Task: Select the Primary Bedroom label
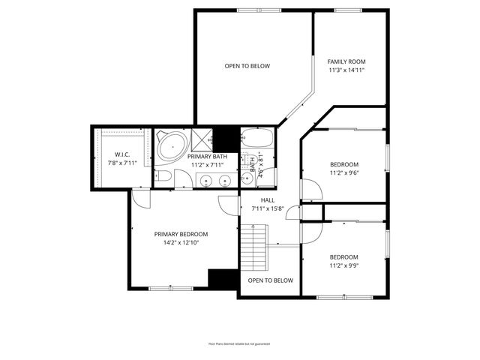tap(181, 234)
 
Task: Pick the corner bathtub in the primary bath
tap(172, 145)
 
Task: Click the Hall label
tap(268, 200)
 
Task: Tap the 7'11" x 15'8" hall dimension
tap(268, 209)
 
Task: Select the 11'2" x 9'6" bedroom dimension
tap(344, 173)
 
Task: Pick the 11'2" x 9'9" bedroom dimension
tap(344, 265)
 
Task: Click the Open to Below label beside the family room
tap(247, 66)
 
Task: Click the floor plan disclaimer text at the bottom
tap(239, 343)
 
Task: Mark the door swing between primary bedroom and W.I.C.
tap(139, 198)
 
